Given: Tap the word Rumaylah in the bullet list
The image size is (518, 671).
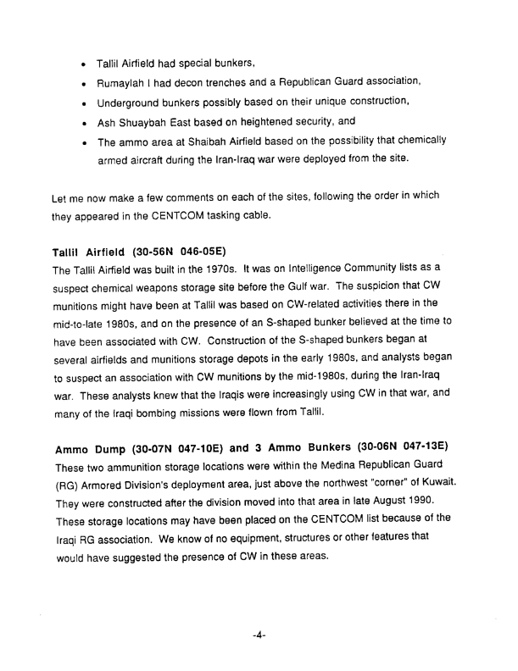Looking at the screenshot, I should coord(125,81).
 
